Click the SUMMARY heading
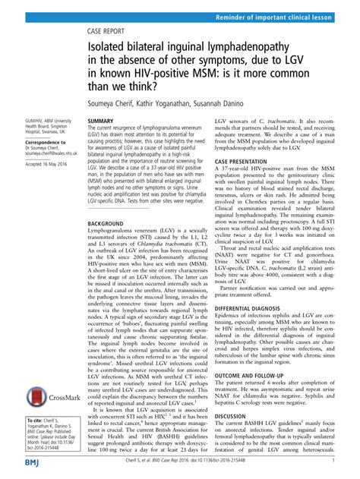[x=101, y=121]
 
